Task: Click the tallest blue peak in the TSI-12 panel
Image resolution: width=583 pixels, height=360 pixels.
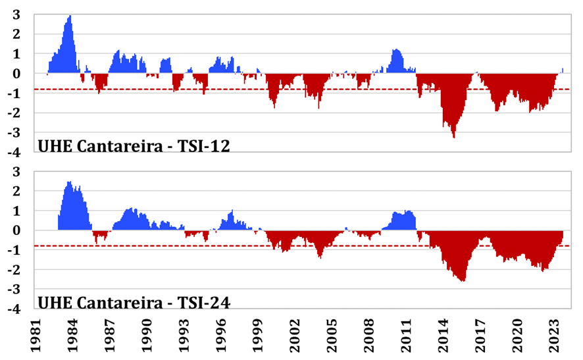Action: pyautogui.click(x=70, y=16)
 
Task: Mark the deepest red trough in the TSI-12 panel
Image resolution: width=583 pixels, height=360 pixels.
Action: pyautogui.click(x=453, y=136)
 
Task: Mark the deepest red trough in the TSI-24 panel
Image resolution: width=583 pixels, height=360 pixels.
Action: pyautogui.click(x=464, y=281)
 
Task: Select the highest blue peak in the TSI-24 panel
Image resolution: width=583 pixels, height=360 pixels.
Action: pyautogui.click(x=69, y=182)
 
